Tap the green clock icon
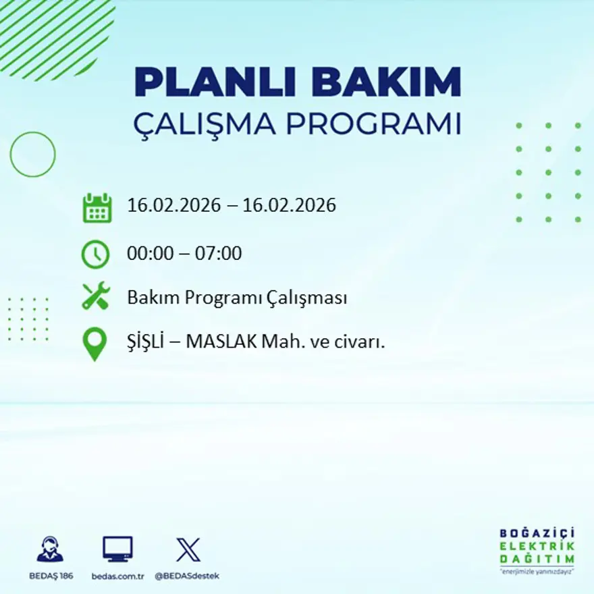(x=95, y=254)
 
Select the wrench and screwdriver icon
(x=95, y=296)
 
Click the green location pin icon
(x=94, y=343)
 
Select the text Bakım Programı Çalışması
(x=237, y=298)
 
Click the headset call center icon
(x=50, y=549)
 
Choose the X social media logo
(x=188, y=549)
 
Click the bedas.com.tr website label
(x=118, y=576)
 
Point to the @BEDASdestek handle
(x=187, y=576)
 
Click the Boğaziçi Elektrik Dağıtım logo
(x=537, y=549)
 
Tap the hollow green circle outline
(x=32, y=155)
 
